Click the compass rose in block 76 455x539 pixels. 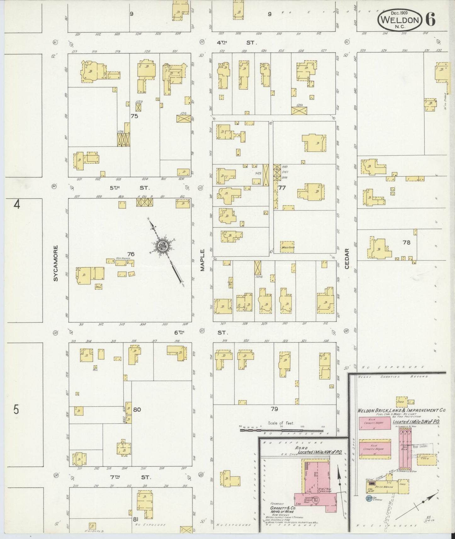pyautogui.click(x=164, y=246)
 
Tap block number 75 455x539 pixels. pyautogui.click(x=134, y=116)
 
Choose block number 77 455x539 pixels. pyautogui.click(x=282, y=188)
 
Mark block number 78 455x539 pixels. pyautogui.click(x=406, y=242)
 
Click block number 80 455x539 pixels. pyautogui.click(x=137, y=409)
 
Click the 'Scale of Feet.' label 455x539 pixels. pyautogui.click(x=281, y=423)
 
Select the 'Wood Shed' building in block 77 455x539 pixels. pyautogui.click(x=287, y=247)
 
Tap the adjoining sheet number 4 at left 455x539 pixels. pyautogui.click(x=16, y=205)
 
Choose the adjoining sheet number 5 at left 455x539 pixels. pyautogui.click(x=16, y=410)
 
